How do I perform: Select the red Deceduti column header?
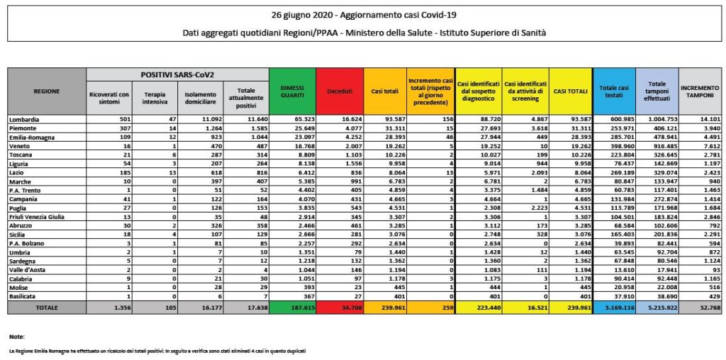click(339, 91)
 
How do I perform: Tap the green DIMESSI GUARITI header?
click(292, 91)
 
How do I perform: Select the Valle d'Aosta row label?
click(29, 270)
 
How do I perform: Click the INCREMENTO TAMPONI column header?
click(700, 91)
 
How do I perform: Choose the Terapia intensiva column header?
click(155, 98)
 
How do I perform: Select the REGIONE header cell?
click(47, 91)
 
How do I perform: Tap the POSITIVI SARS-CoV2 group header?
click(177, 74)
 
